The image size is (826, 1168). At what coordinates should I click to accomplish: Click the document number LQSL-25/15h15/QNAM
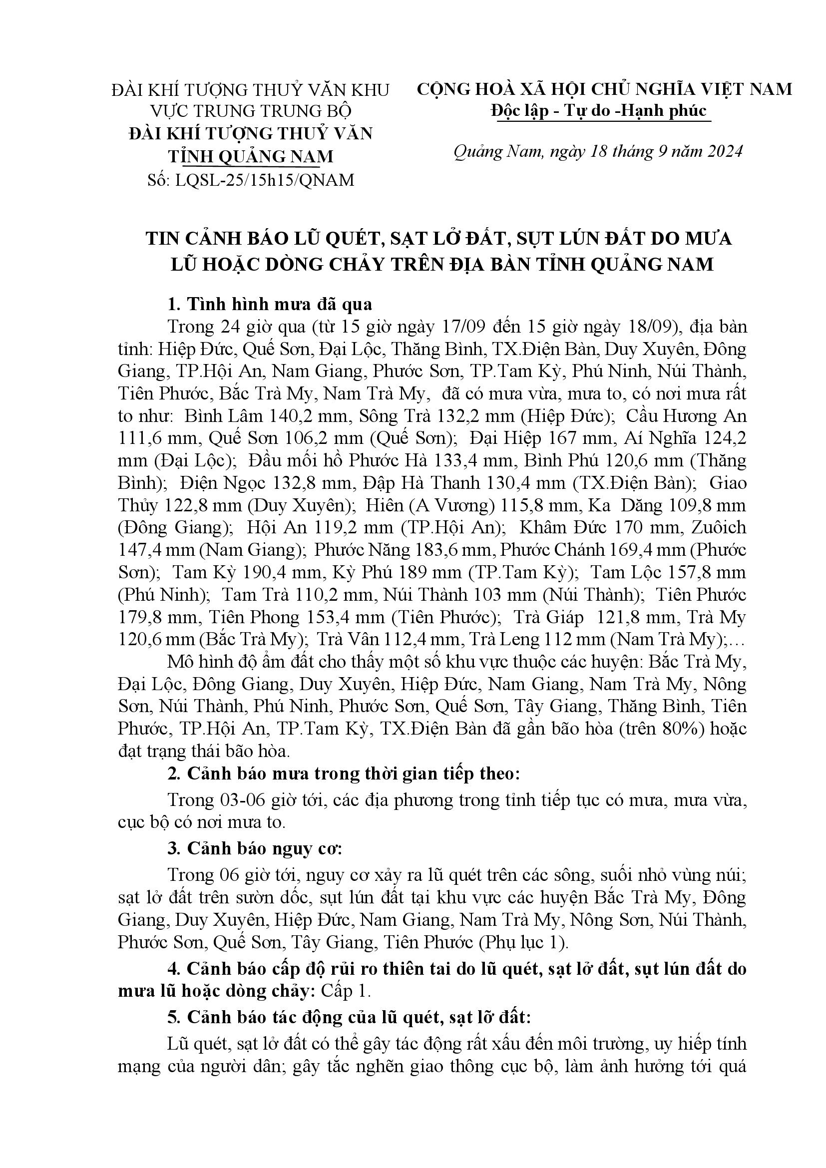pyautogui.click(x=264, y=180)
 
